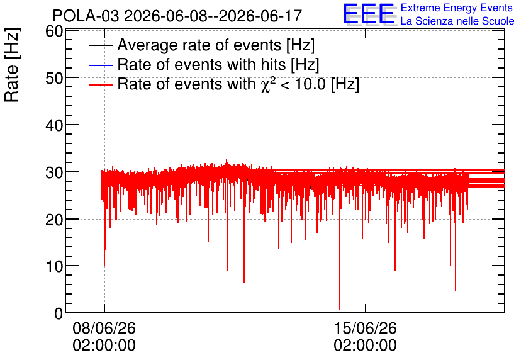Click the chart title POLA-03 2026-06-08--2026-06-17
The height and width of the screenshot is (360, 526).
pyautogui.click(x=177, y=16)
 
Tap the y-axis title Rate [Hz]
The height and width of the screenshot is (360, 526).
pyautogui.click(x=12, y=65)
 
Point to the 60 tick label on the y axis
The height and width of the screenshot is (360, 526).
pyautogui.click(x=54, y=31)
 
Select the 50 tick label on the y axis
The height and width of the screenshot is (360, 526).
pyautogui.click(x=54, y=78)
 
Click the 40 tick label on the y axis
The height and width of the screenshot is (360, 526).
pyautogui.click(x=54, y=125)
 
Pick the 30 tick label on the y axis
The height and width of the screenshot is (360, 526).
pyautogui.click(x=54, y=173)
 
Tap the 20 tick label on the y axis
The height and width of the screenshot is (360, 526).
pyautogui.click(x=54, y=220)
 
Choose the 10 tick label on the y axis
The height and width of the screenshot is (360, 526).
pyautogui.click(x=54, y=267)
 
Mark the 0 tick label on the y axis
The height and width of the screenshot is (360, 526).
pyautogui.click(x=59, y=313)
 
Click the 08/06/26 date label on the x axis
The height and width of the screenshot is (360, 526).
pyautogui.click(x=104, y=328)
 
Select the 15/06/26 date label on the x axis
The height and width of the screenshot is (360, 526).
pyautogui.click(x=366, y=328)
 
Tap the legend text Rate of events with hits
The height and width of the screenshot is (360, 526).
pyautogui.click(x=201, y=64)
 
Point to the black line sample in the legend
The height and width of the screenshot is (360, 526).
pyautogui.click(x=100, y=45)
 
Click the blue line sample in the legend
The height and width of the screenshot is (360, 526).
pyautogui.click(x=100, y=65)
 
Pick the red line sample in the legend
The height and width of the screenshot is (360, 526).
pyautogui.click(x=100, y=84)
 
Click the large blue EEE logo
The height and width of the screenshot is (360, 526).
pyautogui.click(x=369, y=14)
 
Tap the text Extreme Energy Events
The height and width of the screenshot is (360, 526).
pyautogui.click(x=457, y=8)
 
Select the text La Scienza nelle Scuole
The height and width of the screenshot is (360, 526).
pyautogui.click(x=457, y=21)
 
